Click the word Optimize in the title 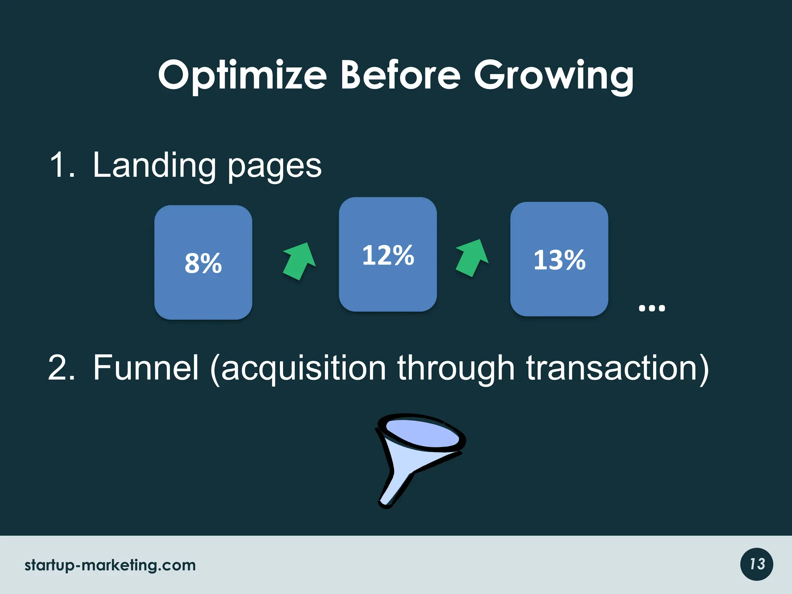(242, 75)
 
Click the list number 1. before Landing (62, 166)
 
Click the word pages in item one (274, 167)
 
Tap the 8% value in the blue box (203, 263)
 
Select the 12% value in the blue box (388, 255)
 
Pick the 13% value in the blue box (559, 259)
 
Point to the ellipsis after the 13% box (652, 308)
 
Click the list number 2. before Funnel (61, 368)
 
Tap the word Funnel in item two (146, 368)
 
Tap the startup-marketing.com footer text (110, 565)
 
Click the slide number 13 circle (756, 564)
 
